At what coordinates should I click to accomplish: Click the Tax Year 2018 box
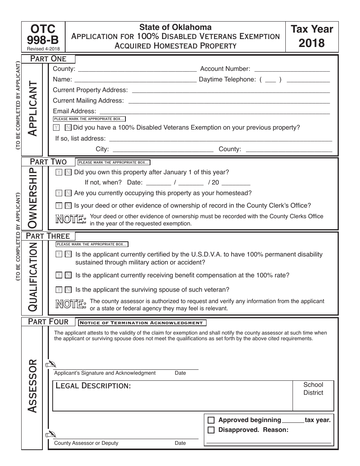(311, 36)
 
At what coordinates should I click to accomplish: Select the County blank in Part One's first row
(137, 69)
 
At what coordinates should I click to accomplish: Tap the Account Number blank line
(292, 69)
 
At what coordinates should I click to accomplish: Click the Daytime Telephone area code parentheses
(270, 80)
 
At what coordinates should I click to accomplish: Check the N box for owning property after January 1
(68, 172)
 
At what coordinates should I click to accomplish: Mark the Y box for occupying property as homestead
(59, 193)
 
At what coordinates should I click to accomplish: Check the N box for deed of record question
(68, 206)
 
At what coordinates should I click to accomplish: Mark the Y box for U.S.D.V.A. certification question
(59, 254)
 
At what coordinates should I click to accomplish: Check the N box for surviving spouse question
(68, 290)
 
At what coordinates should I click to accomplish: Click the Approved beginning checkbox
(211, 420)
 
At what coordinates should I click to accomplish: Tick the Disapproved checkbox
(211, 430)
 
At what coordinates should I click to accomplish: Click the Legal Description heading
(93, 386)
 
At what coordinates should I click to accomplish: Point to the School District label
(313, 389)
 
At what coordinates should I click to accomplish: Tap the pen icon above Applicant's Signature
(50, 365)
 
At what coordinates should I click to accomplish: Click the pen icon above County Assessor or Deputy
(50, 435)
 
